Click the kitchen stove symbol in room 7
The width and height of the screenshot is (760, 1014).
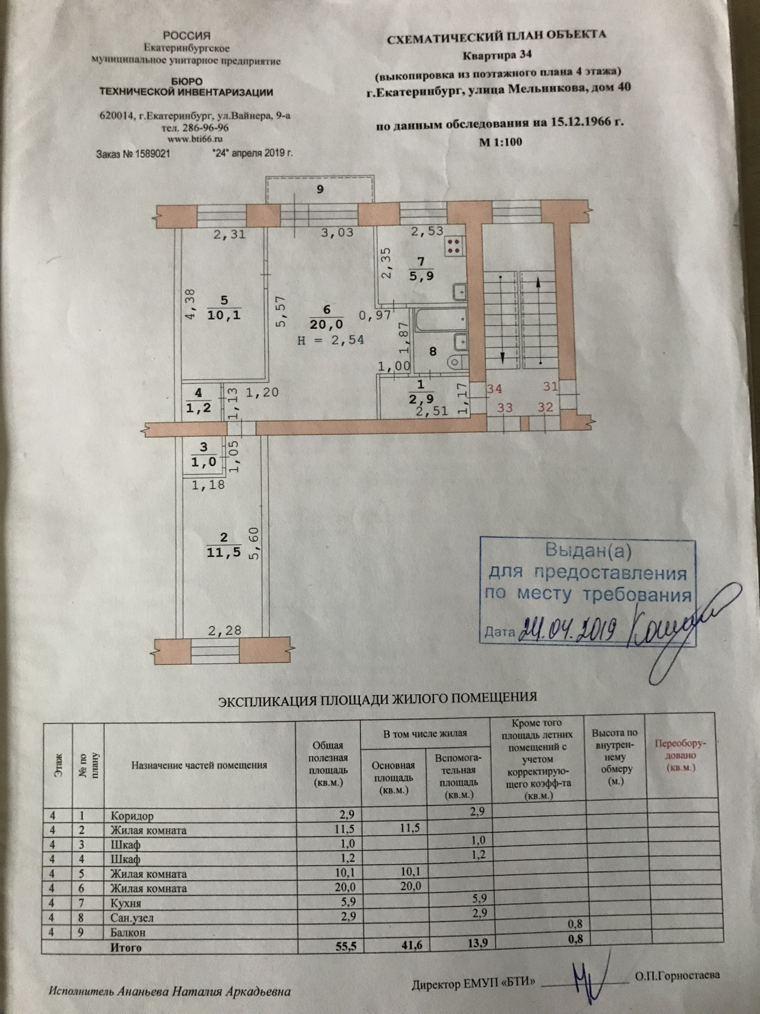click(x=454, y=246)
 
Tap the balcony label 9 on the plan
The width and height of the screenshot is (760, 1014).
click(x=320, y=189)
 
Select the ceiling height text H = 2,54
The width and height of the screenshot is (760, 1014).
click(x=331, y=340)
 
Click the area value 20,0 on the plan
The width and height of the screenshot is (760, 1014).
click(x=326, y=324)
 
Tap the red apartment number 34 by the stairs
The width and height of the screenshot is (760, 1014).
click(x=494, y=388)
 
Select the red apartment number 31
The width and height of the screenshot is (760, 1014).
click(x=551, y=386)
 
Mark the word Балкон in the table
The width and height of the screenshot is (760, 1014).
click(x=128, y=932)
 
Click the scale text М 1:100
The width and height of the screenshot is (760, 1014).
click(x=500, y=142)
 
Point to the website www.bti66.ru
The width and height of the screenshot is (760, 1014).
click(x=195, y=139)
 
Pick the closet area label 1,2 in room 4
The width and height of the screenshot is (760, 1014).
click(x=199, y=408)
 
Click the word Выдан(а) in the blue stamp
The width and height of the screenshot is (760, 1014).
click(x=588, y=551)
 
